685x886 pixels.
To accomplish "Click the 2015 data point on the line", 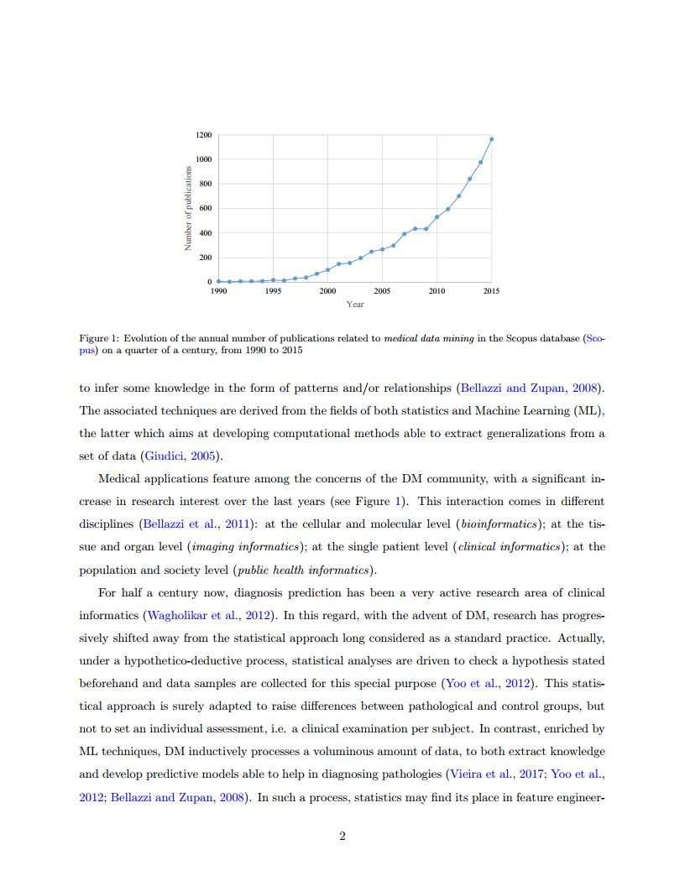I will point(491,139).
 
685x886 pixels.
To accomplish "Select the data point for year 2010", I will point(437,217).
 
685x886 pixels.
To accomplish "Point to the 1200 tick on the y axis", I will point(204,135).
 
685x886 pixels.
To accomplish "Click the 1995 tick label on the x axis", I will point(273,290).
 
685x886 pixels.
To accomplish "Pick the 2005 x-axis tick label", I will point(382,290).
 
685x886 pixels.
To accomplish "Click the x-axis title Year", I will point(355,304).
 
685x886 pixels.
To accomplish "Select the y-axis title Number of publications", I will point(189,209).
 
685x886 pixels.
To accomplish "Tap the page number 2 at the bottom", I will point(342,836).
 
